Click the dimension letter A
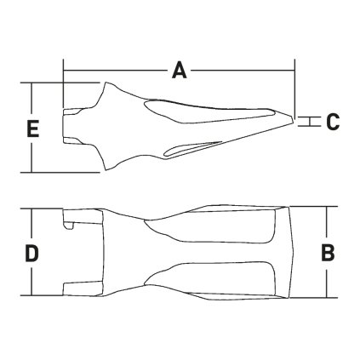tap(180, 71)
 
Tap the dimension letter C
tap(332, 121)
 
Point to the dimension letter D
tap(31, 253)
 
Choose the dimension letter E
tap(32, 129)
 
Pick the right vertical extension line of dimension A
tap(294, 85)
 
